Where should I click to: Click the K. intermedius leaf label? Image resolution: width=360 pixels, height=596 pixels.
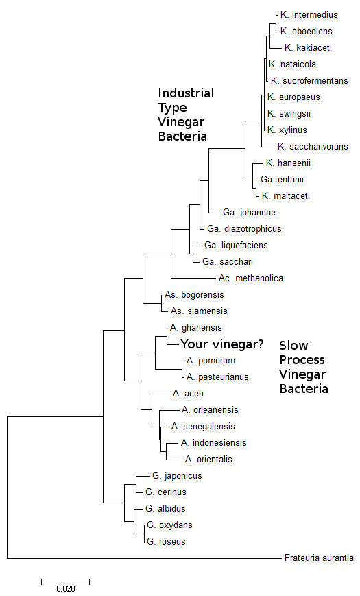click(309, 14)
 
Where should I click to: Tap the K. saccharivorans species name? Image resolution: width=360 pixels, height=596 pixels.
click(313, 146)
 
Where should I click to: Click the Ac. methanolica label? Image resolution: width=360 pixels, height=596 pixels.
click(251, 278)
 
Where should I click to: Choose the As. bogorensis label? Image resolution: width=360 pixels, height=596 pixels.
click(194, 294)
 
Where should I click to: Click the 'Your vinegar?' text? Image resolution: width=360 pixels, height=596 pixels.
click(221, 344)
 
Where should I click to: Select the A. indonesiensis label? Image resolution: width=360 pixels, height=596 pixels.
click(213, 442)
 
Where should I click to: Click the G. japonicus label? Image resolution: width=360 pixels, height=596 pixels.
click(174, 475)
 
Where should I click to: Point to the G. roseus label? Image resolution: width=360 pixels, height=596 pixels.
click(166, 541)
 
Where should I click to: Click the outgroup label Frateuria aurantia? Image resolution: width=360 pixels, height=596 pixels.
click(319, 558)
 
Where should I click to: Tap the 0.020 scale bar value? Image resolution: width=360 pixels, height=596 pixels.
click(66, 588)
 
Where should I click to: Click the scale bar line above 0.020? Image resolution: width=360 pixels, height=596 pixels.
click(66, 581)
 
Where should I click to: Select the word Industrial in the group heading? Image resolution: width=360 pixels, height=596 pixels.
click(186, 93)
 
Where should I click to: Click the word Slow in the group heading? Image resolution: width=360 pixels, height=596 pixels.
click(292, 345)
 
